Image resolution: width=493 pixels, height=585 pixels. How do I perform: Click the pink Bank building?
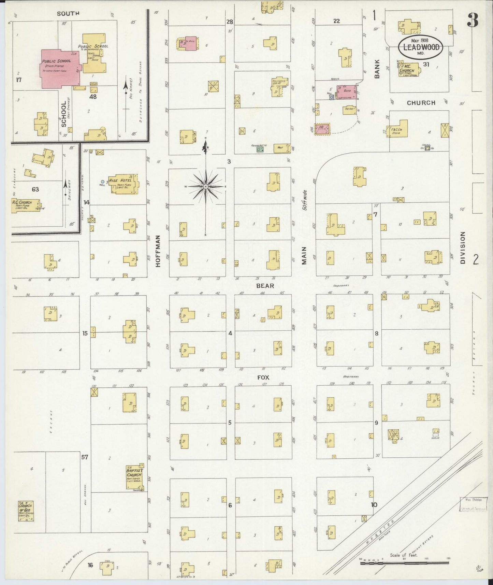tap(347, 92)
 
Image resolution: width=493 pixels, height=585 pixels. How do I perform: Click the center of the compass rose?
tap(206, 187)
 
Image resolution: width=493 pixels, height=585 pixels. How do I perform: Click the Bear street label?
tap(265, 286)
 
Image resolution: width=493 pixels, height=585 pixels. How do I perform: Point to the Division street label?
tap(462, 247)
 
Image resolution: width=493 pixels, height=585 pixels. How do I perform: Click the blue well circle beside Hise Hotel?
tap(103, 181)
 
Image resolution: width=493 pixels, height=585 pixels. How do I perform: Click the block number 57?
tap(85, 457)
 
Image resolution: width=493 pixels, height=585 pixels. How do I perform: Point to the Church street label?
tap(421, 102)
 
